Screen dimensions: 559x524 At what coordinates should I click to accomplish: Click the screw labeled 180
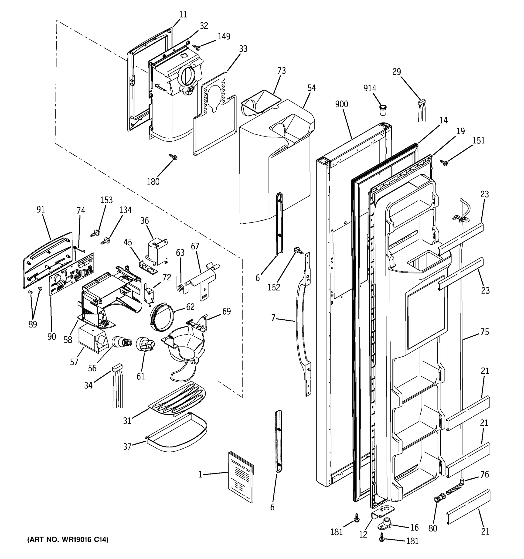click(x=173, y=157)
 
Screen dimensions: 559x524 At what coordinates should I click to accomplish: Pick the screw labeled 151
click(x=444, y=163)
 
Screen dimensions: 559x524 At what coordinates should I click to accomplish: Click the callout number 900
click(x=342, y=104)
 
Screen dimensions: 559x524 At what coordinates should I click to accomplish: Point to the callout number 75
click(x=484, y=332)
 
